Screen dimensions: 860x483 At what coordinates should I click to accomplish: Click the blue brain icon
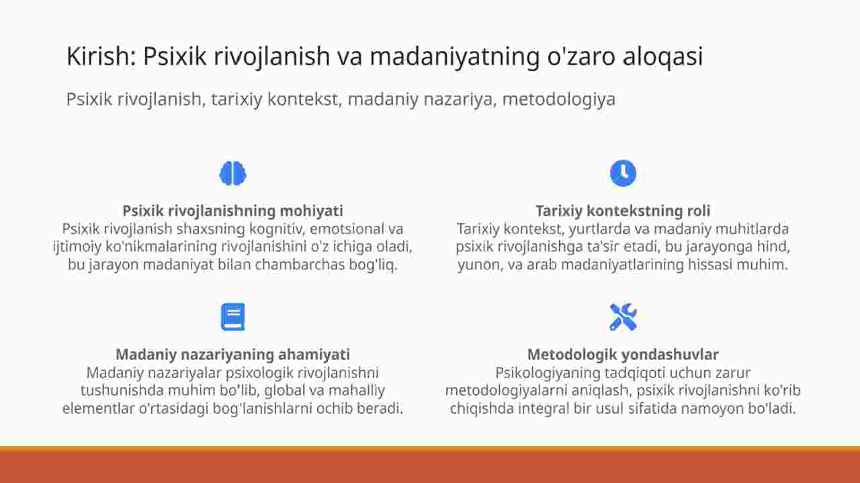click(232, 173)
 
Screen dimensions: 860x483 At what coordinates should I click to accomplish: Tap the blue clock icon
click(623, 173)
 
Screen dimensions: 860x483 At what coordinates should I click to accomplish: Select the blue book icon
click(232, 317)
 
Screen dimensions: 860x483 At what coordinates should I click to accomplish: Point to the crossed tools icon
click(623, 317)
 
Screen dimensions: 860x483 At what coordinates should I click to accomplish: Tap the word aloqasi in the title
click(662, 56)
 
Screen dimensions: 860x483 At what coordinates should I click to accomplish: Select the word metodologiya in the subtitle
click(559, 99)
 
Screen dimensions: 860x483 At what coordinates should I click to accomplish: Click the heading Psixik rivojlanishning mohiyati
click(232, 211)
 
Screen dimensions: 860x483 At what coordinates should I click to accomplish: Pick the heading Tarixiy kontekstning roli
click(623, 211)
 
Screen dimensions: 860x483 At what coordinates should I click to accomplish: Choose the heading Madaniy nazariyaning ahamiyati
click(232, 355)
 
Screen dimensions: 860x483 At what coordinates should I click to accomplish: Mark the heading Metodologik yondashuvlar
click(623, 355)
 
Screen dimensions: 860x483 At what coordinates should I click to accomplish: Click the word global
click(284, 390)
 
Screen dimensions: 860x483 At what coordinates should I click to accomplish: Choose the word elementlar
click(98, 408)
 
